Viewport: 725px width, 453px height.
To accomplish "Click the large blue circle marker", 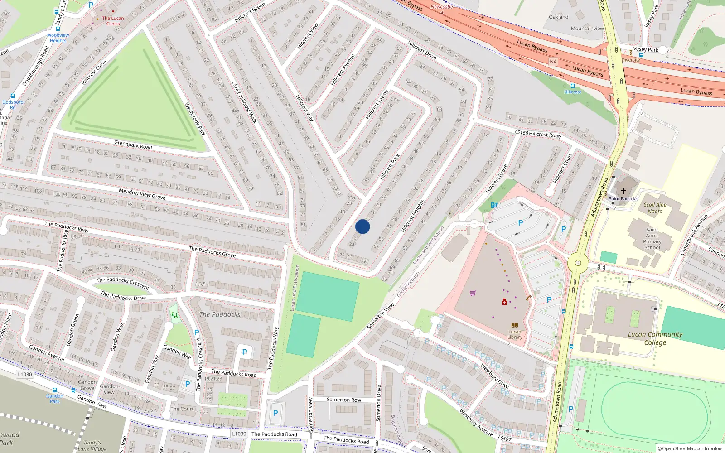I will [362, 226].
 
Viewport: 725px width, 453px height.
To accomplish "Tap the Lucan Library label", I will [515, 334].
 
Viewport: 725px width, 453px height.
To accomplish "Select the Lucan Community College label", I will [655, 338].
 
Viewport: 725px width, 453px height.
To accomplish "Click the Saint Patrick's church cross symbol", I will [623, 191].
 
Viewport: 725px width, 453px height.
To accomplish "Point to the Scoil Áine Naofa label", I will [655, 207].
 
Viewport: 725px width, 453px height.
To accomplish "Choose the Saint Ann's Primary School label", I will [652, 238].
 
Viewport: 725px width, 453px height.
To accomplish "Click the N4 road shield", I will [553, 61].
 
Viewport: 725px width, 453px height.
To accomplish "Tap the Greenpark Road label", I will [133, 145].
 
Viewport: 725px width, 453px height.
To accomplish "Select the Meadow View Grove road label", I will [142, 194].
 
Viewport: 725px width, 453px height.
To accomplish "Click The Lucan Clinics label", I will [113, 21].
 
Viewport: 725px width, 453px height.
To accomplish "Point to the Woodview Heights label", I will [58, 38].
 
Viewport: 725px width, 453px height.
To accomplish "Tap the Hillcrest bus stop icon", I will [572, 86].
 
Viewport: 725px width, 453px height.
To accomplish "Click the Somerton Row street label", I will [344, 400].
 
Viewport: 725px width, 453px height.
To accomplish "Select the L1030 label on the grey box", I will [25, 374].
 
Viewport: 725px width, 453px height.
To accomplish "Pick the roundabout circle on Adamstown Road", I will [578, 263].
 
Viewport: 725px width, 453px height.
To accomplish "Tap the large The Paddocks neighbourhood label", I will [220, 314].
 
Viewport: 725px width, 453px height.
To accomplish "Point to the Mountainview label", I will [587, 28].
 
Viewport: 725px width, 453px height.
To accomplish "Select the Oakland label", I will [558, 17].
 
